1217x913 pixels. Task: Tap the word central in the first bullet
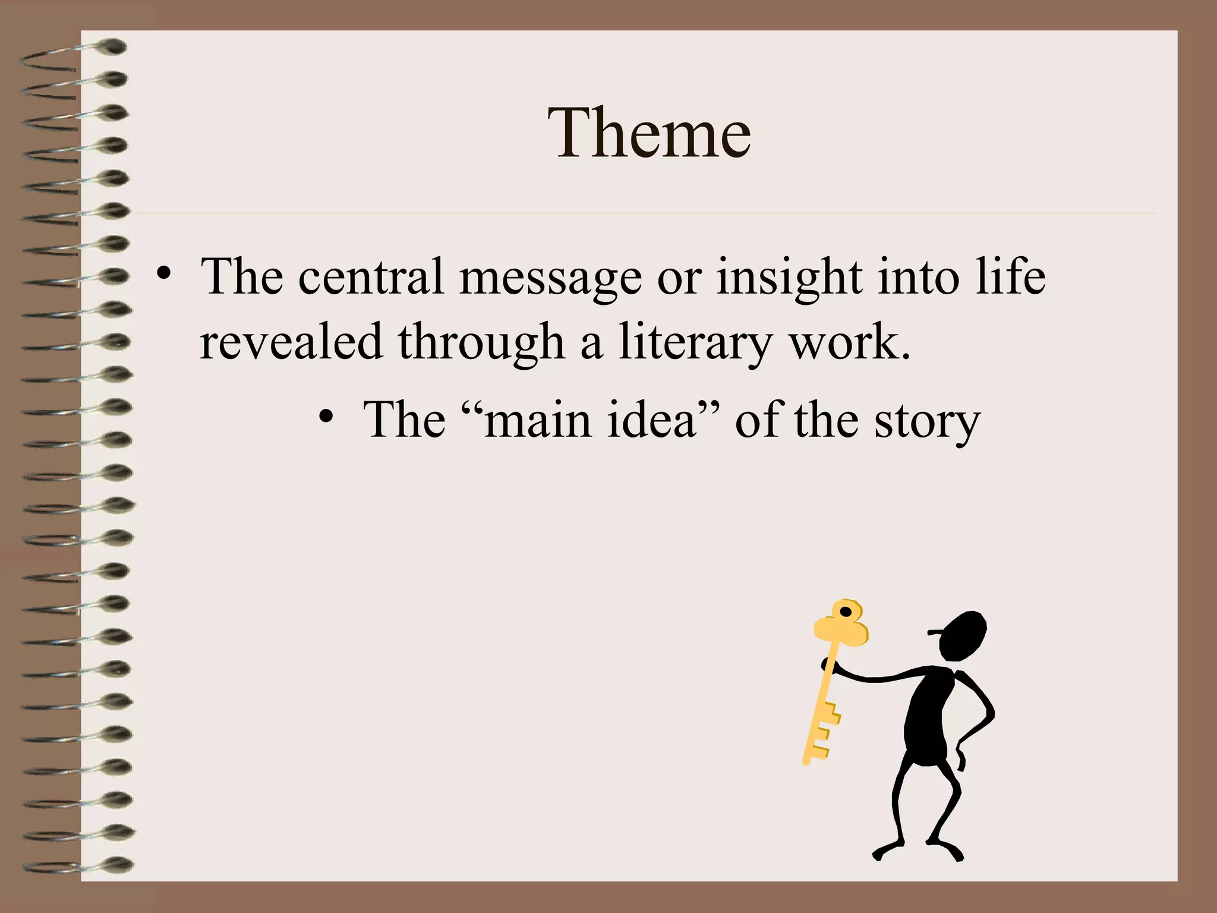[x=371, y=277]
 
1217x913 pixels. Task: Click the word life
[x=1010, y=276]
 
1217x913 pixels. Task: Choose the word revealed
[x=291, y=342]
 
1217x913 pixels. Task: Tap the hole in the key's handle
[x=845, y=612]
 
